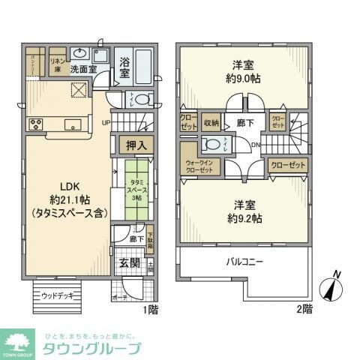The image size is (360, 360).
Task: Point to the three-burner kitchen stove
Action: tap(35, 124)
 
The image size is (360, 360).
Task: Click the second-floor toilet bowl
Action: tap(211, 145)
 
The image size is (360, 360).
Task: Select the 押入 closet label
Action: tap(135, 145)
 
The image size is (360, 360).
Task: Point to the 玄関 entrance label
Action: tap(128, 264)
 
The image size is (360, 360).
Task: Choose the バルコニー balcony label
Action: tap(244, 262)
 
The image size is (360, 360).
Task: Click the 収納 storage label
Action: tap(210, 122)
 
